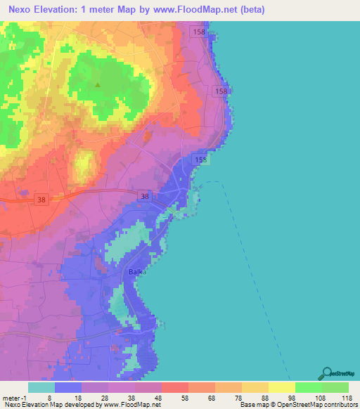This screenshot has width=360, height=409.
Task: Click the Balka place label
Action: pyautogui.click(x=136, y=272)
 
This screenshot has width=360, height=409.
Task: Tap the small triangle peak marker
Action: pyautogui.click(x=98, y=86)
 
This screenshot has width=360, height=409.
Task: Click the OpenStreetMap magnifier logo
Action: pyautogui.click(x=326, y=374)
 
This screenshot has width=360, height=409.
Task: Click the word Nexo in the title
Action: pyautogui.click(x=22, y=11)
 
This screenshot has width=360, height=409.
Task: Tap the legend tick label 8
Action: pyautogui.click(x=49, y=397)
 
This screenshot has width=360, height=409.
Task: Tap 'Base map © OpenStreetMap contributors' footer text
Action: pyautogui.click(x=298, y=405)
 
